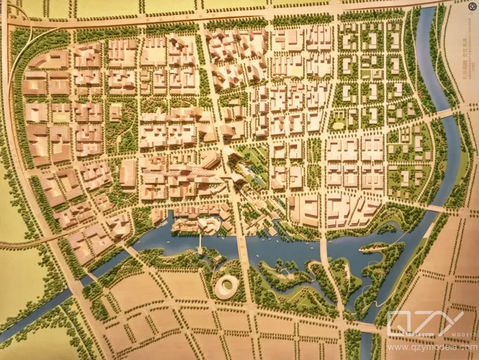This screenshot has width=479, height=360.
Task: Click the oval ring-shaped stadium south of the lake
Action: coord(226,287)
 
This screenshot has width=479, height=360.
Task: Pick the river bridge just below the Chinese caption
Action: coord(445,112)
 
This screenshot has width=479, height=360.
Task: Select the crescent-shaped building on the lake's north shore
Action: coord(205,224)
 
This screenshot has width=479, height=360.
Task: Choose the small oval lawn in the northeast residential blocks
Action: coord(338,124)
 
